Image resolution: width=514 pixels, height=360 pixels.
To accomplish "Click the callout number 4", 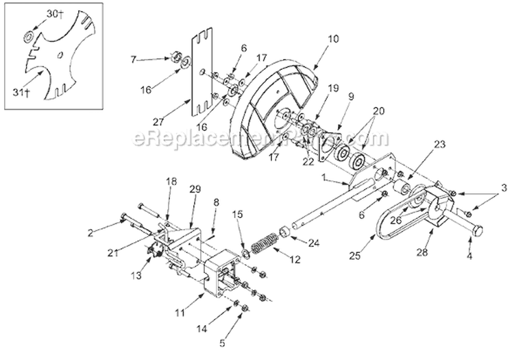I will pos(470,257).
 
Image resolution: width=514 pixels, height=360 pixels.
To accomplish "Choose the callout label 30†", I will pos(51,13).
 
